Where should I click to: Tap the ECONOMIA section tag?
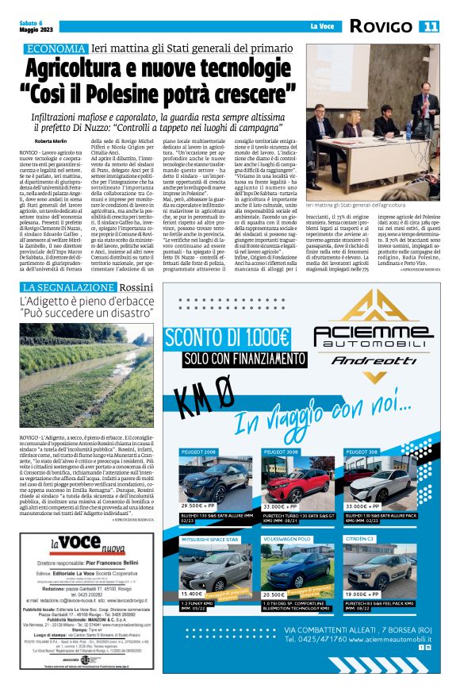(54, 48)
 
